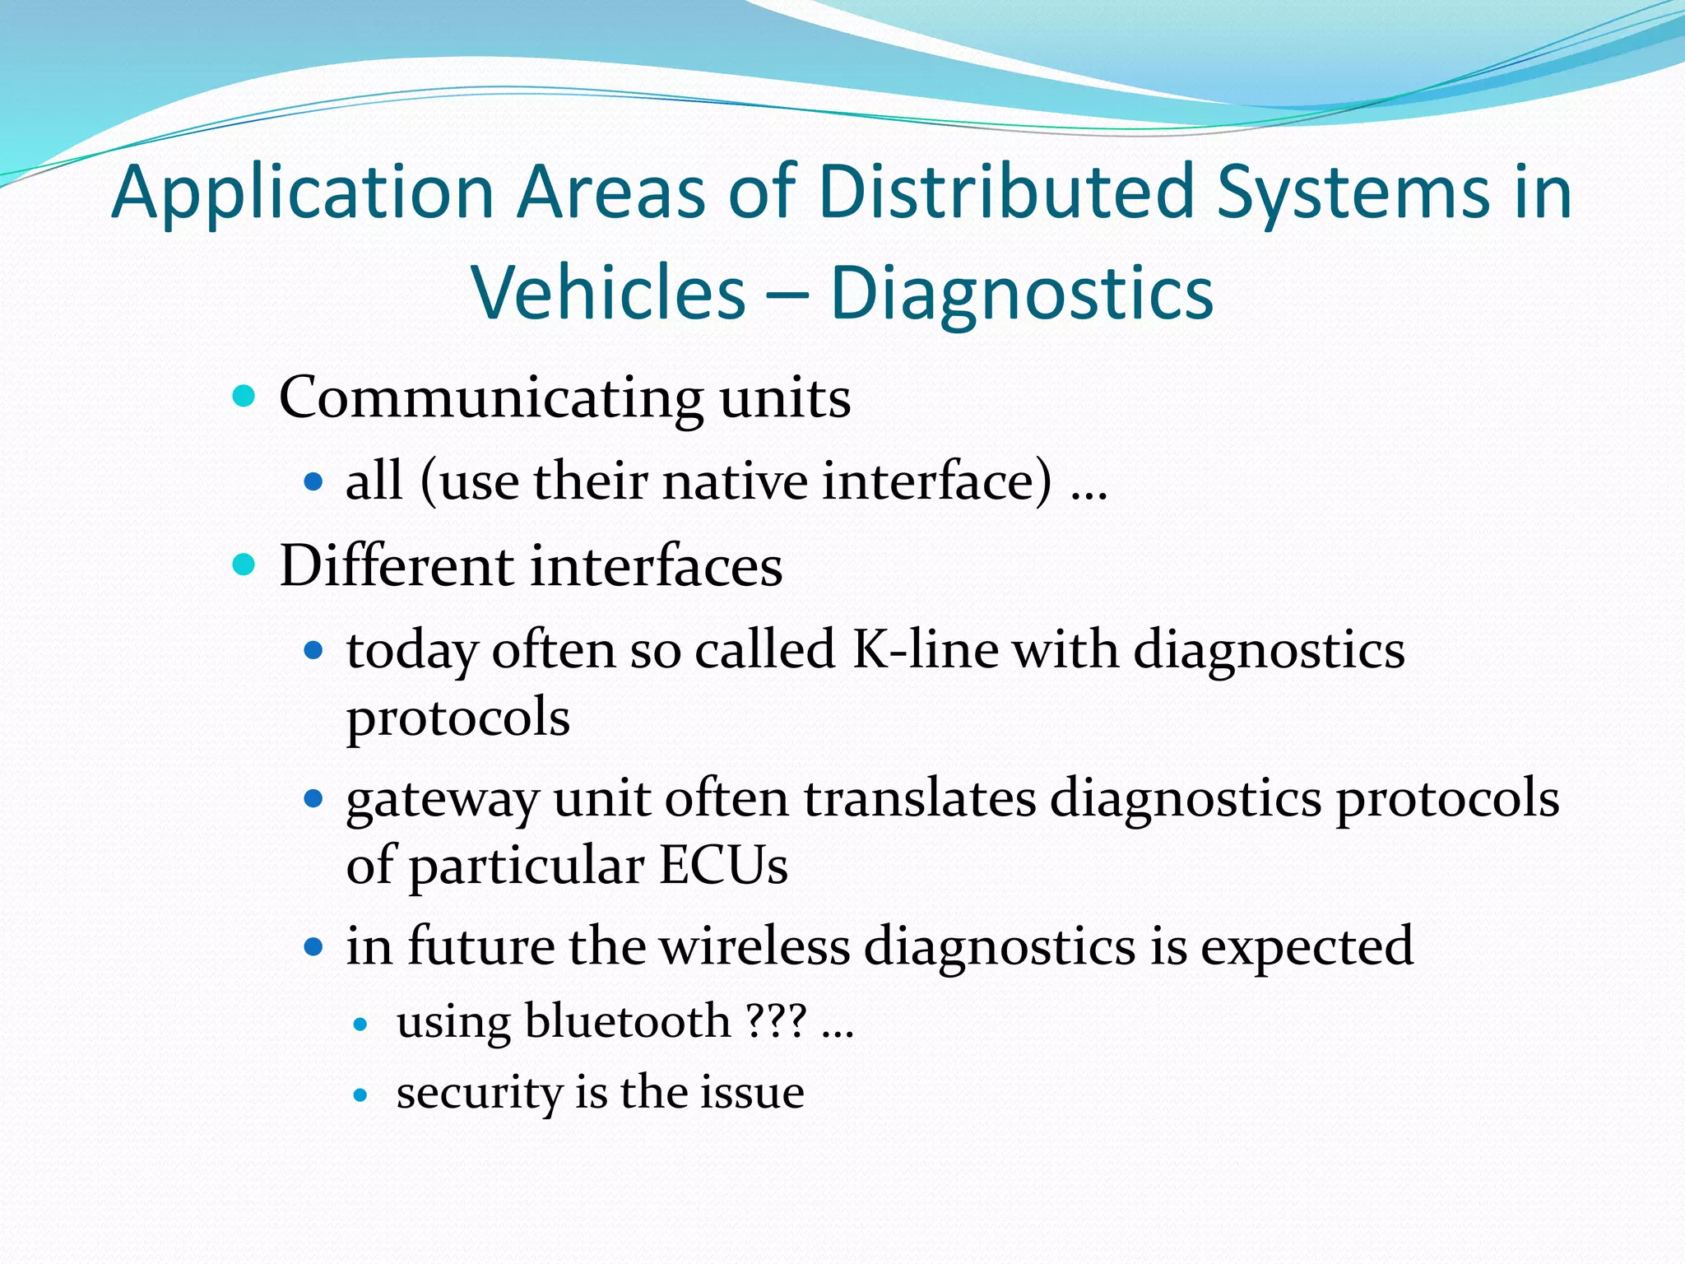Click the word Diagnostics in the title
[1021, 293]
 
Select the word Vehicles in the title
[608, 293]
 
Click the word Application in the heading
[302, 194]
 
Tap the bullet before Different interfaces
[244, 565]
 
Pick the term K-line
[925, 649]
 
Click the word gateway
[442, 801]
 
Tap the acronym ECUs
[723, 866]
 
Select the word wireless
[754, 946]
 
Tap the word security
[478, 1094]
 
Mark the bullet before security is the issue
[360, 1095]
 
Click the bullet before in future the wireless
[313, 947]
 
